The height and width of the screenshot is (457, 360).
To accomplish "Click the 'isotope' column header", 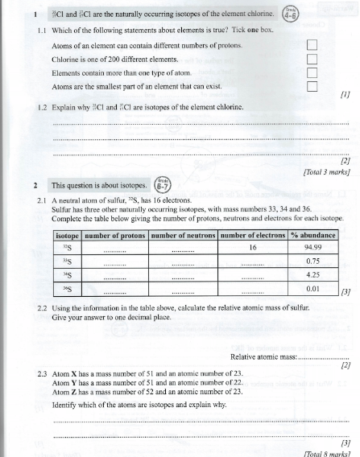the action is pos(67,235).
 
